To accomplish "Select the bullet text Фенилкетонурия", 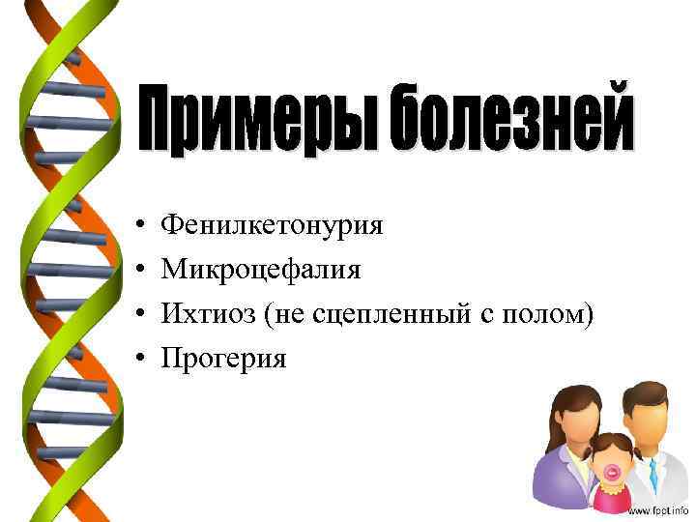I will point(272,226).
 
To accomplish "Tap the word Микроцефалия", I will point(261,270).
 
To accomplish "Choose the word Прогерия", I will point(223,359).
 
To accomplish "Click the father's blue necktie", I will point(654,473).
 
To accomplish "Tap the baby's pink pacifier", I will point(613,473).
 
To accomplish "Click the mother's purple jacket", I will point(557,483).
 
